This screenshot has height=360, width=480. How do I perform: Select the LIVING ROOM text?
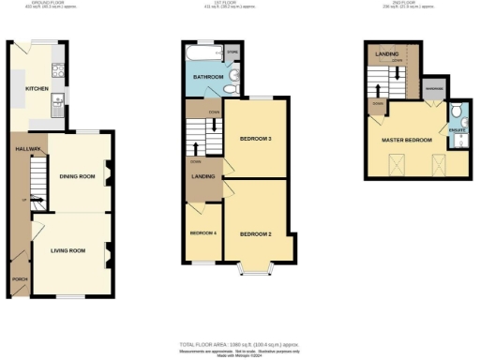(67, 250)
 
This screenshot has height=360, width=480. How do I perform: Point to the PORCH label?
(20, 279)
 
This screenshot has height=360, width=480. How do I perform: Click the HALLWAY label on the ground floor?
(25, 148)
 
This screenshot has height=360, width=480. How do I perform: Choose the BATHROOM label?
(208, 77)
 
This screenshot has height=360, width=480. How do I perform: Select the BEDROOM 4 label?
(202, 232)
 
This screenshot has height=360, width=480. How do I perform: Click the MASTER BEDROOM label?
(406, 140)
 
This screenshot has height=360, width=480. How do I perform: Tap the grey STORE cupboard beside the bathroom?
(233, 52)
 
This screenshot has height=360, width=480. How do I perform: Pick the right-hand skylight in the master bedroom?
(438, 167)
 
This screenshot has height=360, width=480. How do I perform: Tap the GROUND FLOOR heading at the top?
(41, 4)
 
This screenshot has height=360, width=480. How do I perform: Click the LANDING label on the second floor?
(387, 53)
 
